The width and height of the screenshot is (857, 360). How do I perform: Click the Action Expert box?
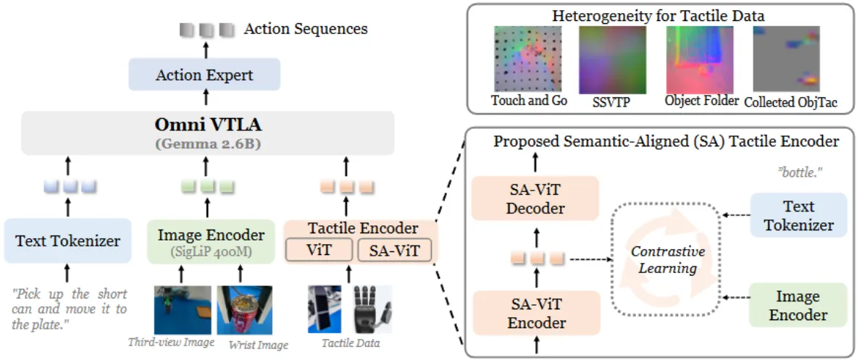204,75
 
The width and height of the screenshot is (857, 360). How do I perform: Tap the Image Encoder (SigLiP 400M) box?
210,240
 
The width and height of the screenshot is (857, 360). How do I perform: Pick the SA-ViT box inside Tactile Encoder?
394,251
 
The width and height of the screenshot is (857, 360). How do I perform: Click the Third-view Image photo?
183,309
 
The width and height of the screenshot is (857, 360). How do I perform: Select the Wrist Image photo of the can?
245,310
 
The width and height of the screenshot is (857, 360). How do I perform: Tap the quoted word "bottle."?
798,172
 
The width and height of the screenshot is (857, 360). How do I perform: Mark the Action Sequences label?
305,29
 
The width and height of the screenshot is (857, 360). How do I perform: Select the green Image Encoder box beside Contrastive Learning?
798,306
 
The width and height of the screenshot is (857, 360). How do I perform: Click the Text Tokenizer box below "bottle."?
798,215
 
